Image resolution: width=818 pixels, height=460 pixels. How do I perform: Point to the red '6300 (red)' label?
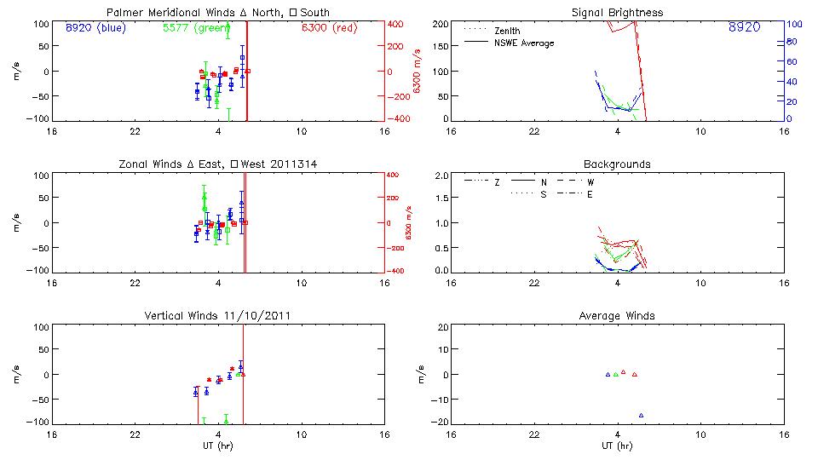point(330,27)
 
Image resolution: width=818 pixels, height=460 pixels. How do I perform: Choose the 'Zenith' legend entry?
point(507,31)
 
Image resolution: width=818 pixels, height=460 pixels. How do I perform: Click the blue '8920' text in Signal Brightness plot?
point(744,27)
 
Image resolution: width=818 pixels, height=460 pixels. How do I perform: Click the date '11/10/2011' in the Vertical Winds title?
point(255,316)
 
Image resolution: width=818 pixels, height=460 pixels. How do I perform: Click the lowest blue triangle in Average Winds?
point(641,415)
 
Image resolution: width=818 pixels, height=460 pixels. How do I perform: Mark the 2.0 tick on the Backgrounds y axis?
point(442,176)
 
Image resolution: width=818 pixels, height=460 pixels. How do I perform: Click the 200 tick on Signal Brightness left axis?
point(441,25)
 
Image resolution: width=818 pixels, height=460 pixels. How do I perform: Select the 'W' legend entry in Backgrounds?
point(591,182)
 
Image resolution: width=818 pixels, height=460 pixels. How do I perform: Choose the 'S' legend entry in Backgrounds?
point(542,194)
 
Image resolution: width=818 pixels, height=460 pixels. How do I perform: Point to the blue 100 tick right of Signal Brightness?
point(791,25)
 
